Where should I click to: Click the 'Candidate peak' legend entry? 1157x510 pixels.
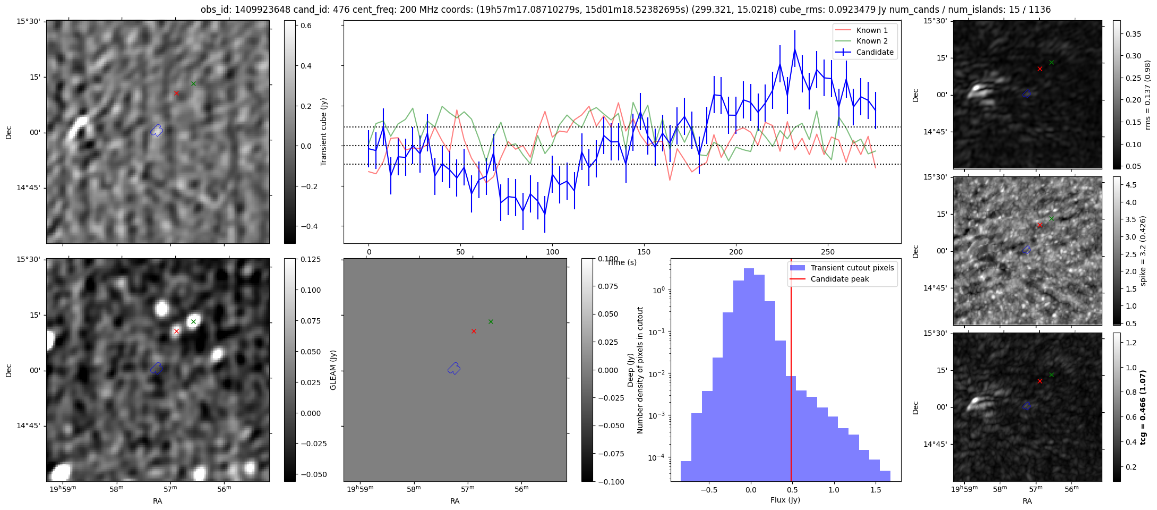point(839,279)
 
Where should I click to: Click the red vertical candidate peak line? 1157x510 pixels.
point(791,372)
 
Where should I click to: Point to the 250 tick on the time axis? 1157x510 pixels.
point(828,252)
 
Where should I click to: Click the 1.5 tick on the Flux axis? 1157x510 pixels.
point(876,491)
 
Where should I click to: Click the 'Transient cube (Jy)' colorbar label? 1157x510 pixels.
point(323,132)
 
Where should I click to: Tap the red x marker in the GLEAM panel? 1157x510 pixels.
point(474,331)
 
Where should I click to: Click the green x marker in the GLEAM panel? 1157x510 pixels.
point(491,321)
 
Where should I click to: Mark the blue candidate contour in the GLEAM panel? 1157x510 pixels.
point(454,368)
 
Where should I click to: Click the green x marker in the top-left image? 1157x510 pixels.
point(193,83)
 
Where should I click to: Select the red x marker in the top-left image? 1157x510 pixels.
point(176,93)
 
